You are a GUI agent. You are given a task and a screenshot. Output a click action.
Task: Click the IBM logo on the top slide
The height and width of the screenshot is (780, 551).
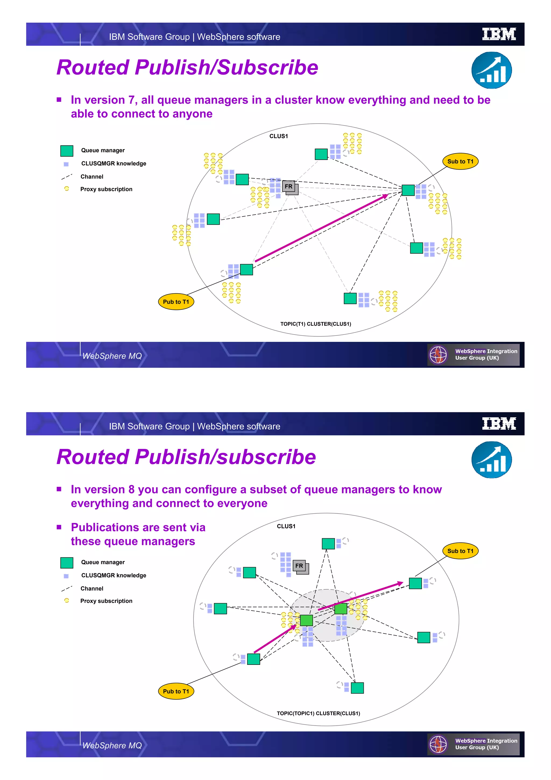(x=499, y=34)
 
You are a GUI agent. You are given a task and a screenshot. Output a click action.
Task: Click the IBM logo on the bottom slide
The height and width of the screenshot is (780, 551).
(x=499, y=424)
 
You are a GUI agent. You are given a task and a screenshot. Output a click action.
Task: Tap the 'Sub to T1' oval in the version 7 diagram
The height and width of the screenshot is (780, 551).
(x=460, y=161)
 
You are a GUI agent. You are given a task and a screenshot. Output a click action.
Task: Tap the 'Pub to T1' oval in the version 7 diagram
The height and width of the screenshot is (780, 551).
(x=176, y=302)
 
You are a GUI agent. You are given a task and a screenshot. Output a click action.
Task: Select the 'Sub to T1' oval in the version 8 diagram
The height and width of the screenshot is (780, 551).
(x=460, y=551)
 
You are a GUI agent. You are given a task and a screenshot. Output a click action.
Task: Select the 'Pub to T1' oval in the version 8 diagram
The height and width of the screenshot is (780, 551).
(x=176, y=691)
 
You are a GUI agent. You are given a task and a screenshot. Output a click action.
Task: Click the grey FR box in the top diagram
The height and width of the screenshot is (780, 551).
(x=289, y=187)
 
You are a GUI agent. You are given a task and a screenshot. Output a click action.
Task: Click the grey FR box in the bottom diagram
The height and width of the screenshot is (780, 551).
(x=300, y=566)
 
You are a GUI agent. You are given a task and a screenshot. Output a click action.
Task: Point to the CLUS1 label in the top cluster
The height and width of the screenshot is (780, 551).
(x=278, y=136)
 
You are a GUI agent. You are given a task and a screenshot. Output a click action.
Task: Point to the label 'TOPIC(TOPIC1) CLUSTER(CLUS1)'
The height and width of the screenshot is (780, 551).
(x=318, y=713)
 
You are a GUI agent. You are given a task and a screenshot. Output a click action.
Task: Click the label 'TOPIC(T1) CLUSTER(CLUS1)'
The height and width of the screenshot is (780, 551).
(x=315, y=324)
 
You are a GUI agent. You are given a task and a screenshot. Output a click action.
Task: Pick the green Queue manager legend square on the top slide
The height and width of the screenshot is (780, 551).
(x=67, y=150)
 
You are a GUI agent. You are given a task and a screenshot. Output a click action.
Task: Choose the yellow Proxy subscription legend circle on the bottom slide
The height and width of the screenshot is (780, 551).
(x=66, y=600)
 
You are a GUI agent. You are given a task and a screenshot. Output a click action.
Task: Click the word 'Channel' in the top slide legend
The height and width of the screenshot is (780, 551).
(x=92, y=177)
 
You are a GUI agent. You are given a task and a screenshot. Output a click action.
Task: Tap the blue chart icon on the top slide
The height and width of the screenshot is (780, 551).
(x=491, y=70)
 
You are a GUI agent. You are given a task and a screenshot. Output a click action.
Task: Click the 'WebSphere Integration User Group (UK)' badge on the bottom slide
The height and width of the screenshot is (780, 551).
(x=473, y=744)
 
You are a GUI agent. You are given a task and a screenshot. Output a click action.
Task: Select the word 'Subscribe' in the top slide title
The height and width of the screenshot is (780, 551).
(x=267, y=67)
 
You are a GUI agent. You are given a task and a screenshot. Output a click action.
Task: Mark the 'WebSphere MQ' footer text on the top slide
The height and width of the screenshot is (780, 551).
(x=112, y=356)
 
